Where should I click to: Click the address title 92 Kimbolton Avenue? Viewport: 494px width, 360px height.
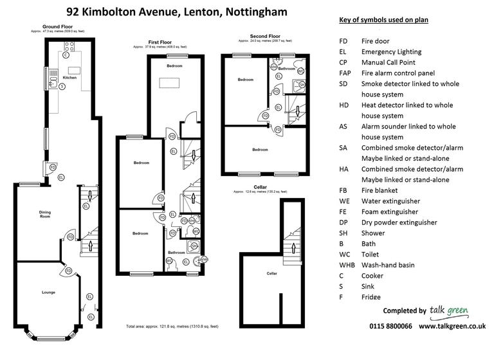177,12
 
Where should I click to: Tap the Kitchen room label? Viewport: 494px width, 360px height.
69,78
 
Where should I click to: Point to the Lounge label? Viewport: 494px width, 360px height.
48,292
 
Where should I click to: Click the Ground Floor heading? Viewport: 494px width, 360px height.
57,27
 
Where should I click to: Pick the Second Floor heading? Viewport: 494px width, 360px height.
265,37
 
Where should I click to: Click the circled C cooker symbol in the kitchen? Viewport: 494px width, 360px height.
66,55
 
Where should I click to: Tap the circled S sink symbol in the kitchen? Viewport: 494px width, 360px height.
61,85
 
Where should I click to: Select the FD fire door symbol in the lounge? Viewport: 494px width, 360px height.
67,271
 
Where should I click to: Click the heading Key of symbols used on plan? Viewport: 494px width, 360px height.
383,20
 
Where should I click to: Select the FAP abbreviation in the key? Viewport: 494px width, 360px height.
345,73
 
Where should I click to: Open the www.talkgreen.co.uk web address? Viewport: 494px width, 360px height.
452,326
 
